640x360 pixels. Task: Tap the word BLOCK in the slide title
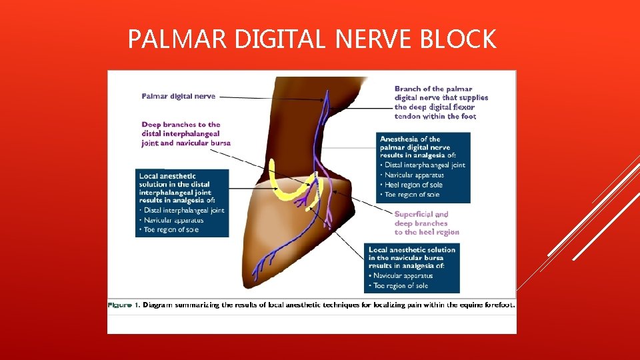tap(458, 40)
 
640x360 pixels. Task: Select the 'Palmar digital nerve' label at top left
tap(179, 96)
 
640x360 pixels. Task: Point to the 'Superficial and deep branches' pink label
tap(427, 223)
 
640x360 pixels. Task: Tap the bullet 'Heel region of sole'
tap(413, 185)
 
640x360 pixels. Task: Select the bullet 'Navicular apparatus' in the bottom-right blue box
tap(403, 275)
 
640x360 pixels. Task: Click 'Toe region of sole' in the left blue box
tap(171, 230)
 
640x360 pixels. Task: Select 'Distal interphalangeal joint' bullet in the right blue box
tap(425, 165)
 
